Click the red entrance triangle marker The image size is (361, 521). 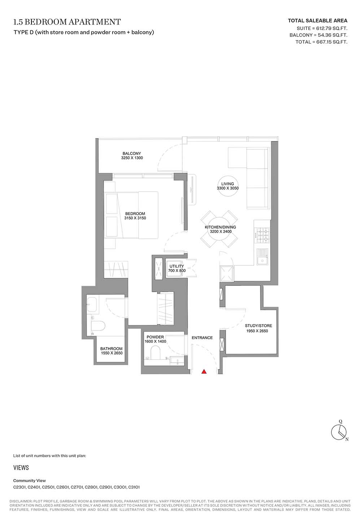point(204,371)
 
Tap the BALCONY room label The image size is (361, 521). point(132,154)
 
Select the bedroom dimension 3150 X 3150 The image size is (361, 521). point(135,218)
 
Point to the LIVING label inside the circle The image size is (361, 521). point(227,184)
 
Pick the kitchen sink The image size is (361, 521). point(262,257)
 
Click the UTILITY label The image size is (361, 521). point(177,266)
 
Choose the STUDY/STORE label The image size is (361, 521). point(258,326)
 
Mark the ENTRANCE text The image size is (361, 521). point(202,338)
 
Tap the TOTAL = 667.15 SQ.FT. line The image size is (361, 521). point(321,42)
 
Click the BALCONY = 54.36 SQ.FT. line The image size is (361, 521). point(318,35)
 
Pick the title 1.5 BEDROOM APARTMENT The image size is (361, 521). point(67,22)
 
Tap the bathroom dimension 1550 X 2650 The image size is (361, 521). point(112,353)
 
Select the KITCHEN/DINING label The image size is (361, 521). point(220,227)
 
